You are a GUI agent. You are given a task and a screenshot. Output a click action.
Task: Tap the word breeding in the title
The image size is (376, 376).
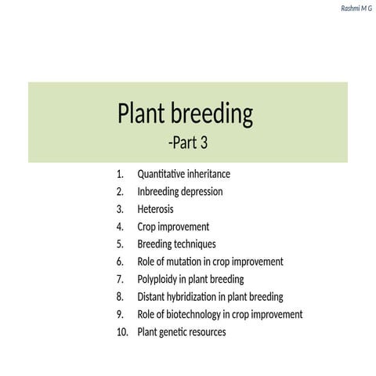click(x=213, y=116)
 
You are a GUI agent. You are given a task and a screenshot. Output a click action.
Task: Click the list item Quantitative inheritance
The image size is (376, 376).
click(x=183, y=174)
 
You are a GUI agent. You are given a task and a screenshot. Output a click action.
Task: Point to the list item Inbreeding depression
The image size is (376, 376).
click(x=180, y=191)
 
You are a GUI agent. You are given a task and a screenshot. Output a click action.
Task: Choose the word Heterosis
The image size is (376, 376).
click(x=155, y=209)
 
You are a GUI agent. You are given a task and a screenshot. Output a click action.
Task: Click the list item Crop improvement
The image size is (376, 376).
click(x=173, y=226)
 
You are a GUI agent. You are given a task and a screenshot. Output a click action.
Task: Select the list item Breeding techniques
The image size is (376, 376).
click(x=176, y=244)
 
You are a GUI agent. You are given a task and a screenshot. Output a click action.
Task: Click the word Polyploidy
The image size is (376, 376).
click(x=158, y=279)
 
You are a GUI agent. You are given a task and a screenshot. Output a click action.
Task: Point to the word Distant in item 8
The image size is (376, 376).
click(x=152, y=297)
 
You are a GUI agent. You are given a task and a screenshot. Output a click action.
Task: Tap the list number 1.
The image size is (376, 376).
click(x=120, y=174)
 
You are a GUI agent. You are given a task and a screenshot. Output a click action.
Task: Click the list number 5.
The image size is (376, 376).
click(x=120, y=244)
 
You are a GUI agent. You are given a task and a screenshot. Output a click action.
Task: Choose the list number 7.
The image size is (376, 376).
click(x=120, y=279)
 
